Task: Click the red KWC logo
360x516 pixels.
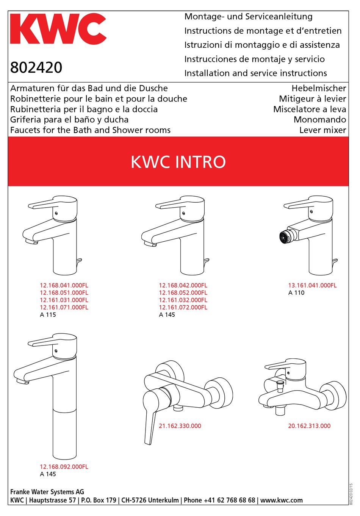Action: pos(58,29)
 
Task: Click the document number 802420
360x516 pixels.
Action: pos(36,67)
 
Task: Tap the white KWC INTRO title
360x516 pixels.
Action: pos(178,162)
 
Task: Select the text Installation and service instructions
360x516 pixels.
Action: pos(255,73)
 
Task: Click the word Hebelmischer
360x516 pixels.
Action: pos(319,88)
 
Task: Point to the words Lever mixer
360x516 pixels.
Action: pos(322,130)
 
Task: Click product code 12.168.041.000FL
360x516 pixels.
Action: pos(64,285)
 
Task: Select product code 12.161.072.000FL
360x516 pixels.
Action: pos(183,307)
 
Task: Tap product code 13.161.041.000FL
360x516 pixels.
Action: pos(312,285)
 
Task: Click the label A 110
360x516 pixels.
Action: pos(296,292)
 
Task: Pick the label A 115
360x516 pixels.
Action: pos(48,314)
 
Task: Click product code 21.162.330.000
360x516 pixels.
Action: pos(180,426)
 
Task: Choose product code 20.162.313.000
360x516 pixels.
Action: pos(309,426)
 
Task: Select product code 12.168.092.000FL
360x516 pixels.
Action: pos(64,467)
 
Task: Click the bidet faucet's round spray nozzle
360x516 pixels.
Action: pos(284,238)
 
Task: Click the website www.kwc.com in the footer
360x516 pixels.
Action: pos(282,500)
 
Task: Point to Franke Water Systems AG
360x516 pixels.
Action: pos(47,492)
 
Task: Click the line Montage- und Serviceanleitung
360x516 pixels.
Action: pos(248,17)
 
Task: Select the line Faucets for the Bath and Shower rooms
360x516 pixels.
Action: pos(90,130)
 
